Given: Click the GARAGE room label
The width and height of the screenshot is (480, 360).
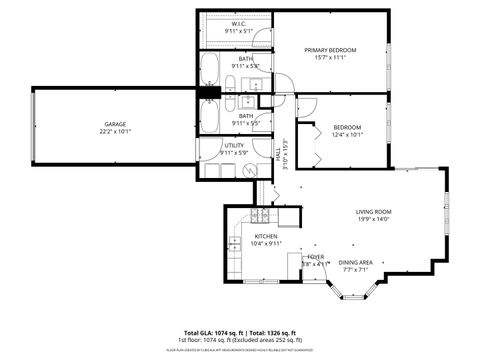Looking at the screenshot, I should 113,123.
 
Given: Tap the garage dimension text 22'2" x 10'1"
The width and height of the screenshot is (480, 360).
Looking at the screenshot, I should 113,131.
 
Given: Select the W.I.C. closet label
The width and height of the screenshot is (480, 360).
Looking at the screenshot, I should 239,24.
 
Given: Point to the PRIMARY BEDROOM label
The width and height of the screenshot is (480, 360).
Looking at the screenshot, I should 330,50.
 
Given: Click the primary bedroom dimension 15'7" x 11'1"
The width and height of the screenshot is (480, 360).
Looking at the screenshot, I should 330,58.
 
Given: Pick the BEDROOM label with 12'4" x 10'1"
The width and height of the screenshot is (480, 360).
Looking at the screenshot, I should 347,127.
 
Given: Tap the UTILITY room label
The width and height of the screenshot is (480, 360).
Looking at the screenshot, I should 235,145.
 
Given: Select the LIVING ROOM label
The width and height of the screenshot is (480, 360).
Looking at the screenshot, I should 373,212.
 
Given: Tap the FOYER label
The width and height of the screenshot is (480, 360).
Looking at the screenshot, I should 315,257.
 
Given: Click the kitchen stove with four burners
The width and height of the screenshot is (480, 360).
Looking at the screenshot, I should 259,215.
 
